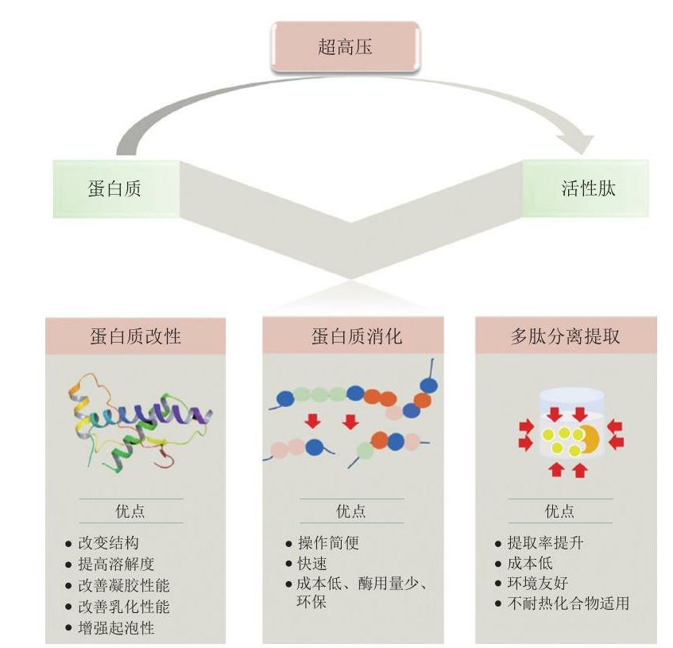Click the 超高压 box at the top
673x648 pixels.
point(345,46)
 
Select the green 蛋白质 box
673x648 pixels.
point(116,189)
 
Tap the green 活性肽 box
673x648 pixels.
point(586,188)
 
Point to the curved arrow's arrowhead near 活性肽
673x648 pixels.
point(578,142)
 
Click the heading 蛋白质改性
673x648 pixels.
point(136,336)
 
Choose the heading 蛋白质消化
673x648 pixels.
point(357,336)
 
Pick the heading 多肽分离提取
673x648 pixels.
point(565,336)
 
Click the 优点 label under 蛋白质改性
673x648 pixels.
point(130,511)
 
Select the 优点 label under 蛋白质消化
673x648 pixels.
point(351,511)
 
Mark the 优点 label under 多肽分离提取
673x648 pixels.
point(559,511)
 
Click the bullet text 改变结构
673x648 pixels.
point(109,543)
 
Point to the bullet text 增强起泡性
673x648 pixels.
point(116,628)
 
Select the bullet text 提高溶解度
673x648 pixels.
point(116,564)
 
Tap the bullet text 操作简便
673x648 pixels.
point(329,543)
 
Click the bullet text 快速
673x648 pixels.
point(312,564)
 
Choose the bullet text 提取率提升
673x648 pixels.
point(545,543)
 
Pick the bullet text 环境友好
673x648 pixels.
point(538,583)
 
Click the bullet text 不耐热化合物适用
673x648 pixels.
point(568,603)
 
